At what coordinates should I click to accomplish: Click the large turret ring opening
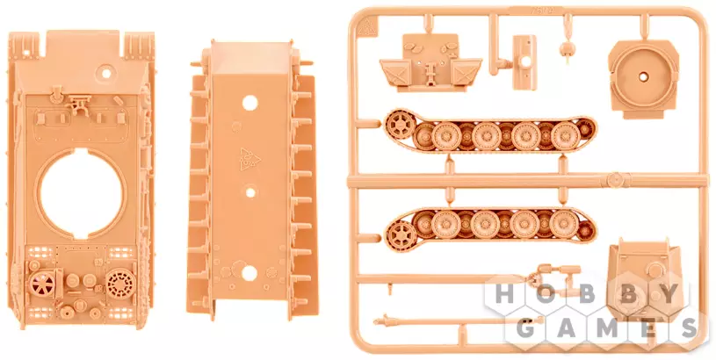82,193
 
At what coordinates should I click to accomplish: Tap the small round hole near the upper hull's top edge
106,73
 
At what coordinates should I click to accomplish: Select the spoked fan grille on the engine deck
42,284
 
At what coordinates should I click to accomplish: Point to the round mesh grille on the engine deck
121,284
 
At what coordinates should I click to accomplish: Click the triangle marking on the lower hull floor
250,159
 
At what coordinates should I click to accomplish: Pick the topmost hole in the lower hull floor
250,103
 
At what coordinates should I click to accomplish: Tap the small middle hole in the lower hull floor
250,192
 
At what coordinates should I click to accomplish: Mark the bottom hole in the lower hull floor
250,273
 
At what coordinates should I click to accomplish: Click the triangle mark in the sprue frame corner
365,27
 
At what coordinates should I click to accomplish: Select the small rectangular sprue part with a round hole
524,62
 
